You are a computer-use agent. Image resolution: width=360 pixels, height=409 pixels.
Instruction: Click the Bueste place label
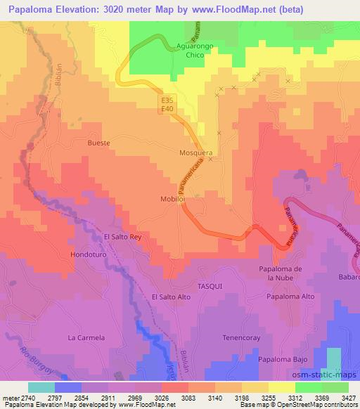pyautogui.click(x=98, y=143)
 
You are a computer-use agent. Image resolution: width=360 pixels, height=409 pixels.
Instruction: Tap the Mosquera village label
pyautogui.click(x=196, y=152)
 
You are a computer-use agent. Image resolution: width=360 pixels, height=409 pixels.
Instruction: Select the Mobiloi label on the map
pyautogui.click(x=172, y=200)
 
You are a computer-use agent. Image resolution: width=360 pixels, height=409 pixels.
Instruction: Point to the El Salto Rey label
pyautogui.click(x=123, y=237)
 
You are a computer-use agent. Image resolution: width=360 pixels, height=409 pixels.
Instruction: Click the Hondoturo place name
pyautogui.click(x=89, y=254)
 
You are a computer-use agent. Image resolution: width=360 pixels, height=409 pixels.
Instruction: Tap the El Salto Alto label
pyautogui.click(x=172, y=298)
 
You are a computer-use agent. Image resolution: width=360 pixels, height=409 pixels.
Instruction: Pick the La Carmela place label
pyautogui.click(x=86, y=338)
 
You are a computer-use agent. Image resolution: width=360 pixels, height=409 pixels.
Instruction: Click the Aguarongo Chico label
pyautogui.click(x=190, y=53)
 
